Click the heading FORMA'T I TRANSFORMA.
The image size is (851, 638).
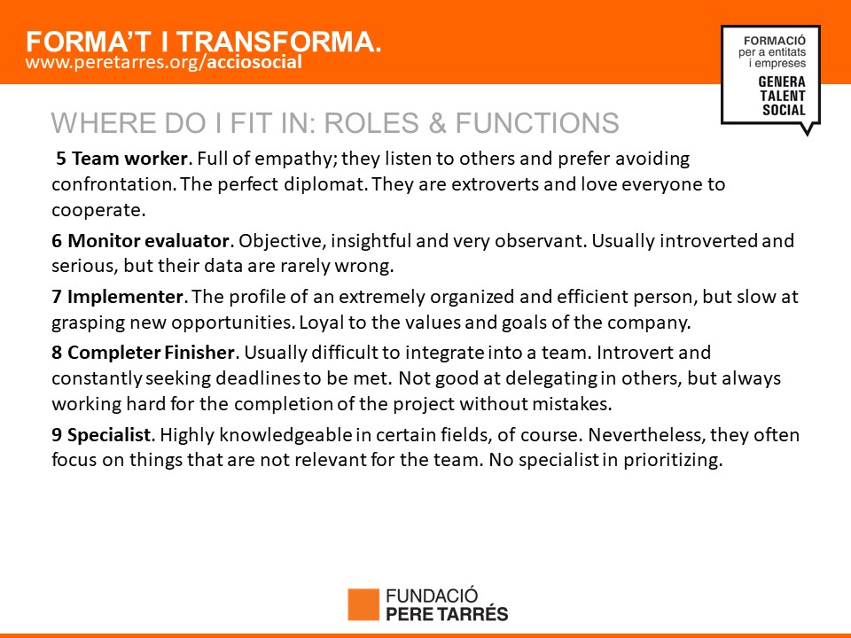coord(204,42)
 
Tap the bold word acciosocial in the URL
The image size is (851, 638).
coord(254,62)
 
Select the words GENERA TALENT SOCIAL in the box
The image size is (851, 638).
coord(782,96)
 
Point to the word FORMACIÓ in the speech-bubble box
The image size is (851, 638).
coord(775,41)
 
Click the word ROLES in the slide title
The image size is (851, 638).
coord(371,122)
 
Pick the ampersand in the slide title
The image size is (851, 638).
coord(437,122)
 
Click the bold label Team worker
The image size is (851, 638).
coord(129,159)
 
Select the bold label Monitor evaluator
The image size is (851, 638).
coord(149,240)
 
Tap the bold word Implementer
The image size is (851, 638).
coord(125,297)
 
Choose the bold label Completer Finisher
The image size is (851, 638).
coord(151,353)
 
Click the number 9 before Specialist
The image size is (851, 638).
coord(57,434)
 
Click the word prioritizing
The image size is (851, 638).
coord(673,460)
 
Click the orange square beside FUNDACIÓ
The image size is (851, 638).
coord(363,604)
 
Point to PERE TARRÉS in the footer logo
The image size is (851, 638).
coord(447,614)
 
